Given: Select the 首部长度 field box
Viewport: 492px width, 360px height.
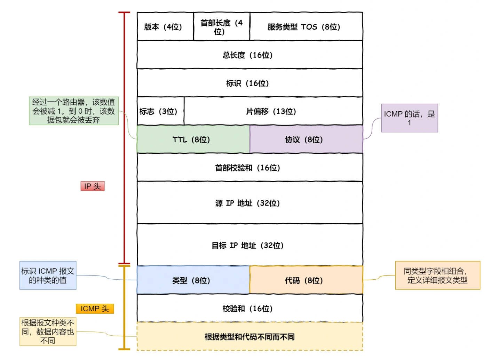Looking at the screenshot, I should tap(221, 27).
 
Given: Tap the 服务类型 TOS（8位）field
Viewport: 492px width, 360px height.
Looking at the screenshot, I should tap(306, 27).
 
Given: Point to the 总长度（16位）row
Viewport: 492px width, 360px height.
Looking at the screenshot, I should tap(249, 55).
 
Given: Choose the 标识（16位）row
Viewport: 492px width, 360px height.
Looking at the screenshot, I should tap(249, 83).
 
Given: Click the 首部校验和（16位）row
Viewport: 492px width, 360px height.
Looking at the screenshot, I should tap(249, 168).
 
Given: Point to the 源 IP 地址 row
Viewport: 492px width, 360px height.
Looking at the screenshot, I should tap(249, 203).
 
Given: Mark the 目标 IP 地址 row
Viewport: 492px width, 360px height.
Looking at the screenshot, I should tap(249, 245).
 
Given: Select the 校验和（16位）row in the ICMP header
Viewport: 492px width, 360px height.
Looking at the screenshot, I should tap(249, 309).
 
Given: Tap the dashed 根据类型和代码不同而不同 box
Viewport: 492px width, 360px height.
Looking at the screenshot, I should tap(249, 337).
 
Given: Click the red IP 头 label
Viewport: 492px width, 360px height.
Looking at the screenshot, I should tap(93, 186).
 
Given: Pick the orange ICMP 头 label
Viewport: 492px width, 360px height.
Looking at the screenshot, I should tap(95, 309).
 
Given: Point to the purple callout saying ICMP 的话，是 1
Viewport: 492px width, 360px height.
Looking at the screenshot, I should tap(409, 118).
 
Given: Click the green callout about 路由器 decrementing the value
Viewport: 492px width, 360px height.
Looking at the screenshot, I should tap(74, 111).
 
